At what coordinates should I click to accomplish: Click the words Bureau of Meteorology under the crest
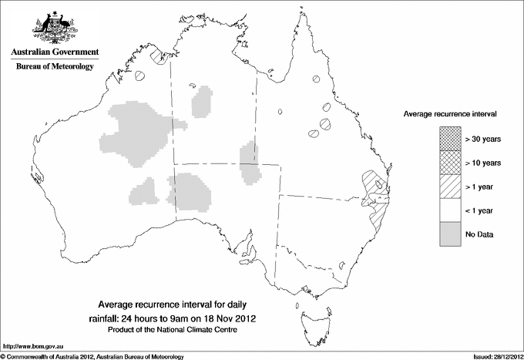pyautogui.click(x=55, y=67)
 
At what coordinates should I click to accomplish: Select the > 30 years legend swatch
pyautogui.click(x=451, y=140)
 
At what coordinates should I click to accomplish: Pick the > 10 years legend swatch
pyautogui.click(x=451, y=163)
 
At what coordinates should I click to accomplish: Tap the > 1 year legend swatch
pyautogui.click(x=451, y=187)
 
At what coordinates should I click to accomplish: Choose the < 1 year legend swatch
pyautogui.click(x=451, y=210)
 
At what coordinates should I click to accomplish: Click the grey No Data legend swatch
pyautogui.click(x=451, y=234)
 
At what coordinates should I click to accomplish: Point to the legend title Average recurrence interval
pyautogui.click(x=450, y=113)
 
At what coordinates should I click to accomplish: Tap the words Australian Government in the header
pyautogui.click(x=55, y=52)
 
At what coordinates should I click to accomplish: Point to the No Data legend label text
pyautogui.click(x=480, y=234)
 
